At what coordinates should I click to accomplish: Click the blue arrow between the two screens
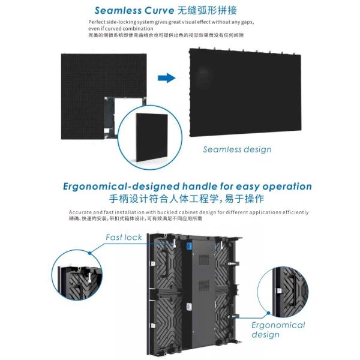tap(166, 78)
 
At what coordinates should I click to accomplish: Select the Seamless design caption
tap(237, 149)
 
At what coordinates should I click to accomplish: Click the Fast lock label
tap(124, 237)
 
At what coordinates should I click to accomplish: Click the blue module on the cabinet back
tap(188, 246)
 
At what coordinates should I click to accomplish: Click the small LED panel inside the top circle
tap(152, 138)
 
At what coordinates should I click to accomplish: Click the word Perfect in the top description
tap(97, 22)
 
